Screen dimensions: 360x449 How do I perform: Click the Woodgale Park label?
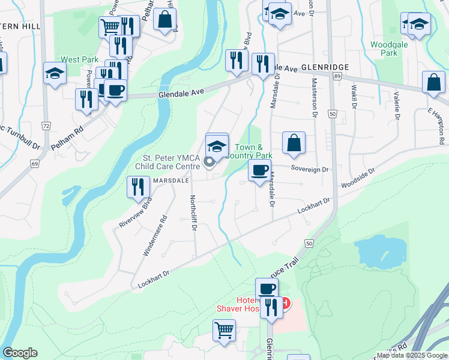(384, 49)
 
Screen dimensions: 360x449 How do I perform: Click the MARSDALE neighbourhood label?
(170, 179)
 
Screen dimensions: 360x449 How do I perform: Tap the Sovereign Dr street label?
(310, 170)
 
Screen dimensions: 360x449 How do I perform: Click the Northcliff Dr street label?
(194, 215)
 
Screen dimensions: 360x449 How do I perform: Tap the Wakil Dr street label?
(354, 100)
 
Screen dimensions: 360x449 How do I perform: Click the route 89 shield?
(338, 77)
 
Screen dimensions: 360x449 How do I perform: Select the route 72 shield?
(46, 125)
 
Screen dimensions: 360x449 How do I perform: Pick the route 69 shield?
(35, 163)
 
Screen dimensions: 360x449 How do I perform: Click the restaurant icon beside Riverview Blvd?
(138, 187)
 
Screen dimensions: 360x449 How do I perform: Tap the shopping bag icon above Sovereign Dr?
(294, 143)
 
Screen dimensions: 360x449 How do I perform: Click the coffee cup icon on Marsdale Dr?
(259, 170)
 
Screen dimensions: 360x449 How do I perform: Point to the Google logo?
(20, 353)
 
